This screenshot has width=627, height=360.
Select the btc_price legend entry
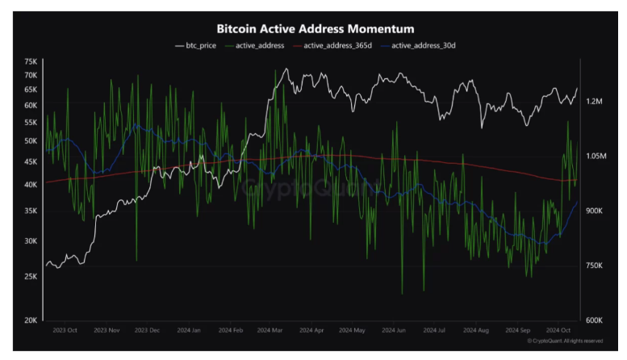[195, 45]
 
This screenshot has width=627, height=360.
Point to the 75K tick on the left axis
[31, 61]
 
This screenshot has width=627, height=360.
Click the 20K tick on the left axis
[31, 320]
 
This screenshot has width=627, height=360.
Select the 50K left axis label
[31, 140]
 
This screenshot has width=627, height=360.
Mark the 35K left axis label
[31, 211]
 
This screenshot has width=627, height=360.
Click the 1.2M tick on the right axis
[595, 102]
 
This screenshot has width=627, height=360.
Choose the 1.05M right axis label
[596, 156]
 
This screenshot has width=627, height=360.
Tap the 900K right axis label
[595, 211]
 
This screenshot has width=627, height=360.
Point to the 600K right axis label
[595, 320]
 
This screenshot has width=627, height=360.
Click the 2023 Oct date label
[64, 330]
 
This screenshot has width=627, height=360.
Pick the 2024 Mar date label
[270, 330]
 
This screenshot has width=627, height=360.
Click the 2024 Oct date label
[558, 330]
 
